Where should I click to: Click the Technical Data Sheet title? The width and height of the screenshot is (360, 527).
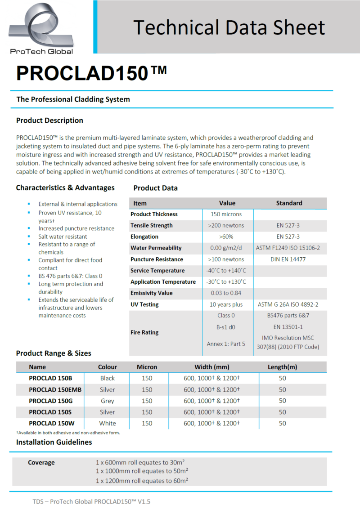pos(229,27)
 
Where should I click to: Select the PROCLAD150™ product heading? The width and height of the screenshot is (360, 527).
pos(91,73)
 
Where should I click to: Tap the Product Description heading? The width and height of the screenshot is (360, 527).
pos(49,121)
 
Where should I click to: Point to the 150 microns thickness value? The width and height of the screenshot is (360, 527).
pos(226,214)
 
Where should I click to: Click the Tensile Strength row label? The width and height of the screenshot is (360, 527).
pos(152,226)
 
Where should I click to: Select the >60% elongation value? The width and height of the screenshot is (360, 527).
pos(226,237)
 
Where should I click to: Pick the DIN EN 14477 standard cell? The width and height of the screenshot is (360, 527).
pos(288,259)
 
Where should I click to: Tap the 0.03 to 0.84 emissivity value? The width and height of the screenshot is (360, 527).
pos(226,293)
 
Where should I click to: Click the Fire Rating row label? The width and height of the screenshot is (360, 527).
pos(144,333)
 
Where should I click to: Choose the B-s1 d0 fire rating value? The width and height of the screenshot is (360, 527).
pos(226,327)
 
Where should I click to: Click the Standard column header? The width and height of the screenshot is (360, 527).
pos(289,203)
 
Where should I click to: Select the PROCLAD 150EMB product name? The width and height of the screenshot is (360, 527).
pos(55,390)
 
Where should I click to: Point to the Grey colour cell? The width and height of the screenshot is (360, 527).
pos(108,401)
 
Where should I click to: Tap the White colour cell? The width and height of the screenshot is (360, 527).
pos(108,424)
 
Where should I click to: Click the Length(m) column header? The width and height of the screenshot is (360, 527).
pos(282,367)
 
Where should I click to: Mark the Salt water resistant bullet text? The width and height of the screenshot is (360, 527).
pos(63,237)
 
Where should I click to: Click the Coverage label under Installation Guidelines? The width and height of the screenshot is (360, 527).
pos(41,463)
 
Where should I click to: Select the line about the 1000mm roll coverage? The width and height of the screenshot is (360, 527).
pos(142,471)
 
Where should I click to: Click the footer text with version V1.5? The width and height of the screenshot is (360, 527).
pos(91,501)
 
